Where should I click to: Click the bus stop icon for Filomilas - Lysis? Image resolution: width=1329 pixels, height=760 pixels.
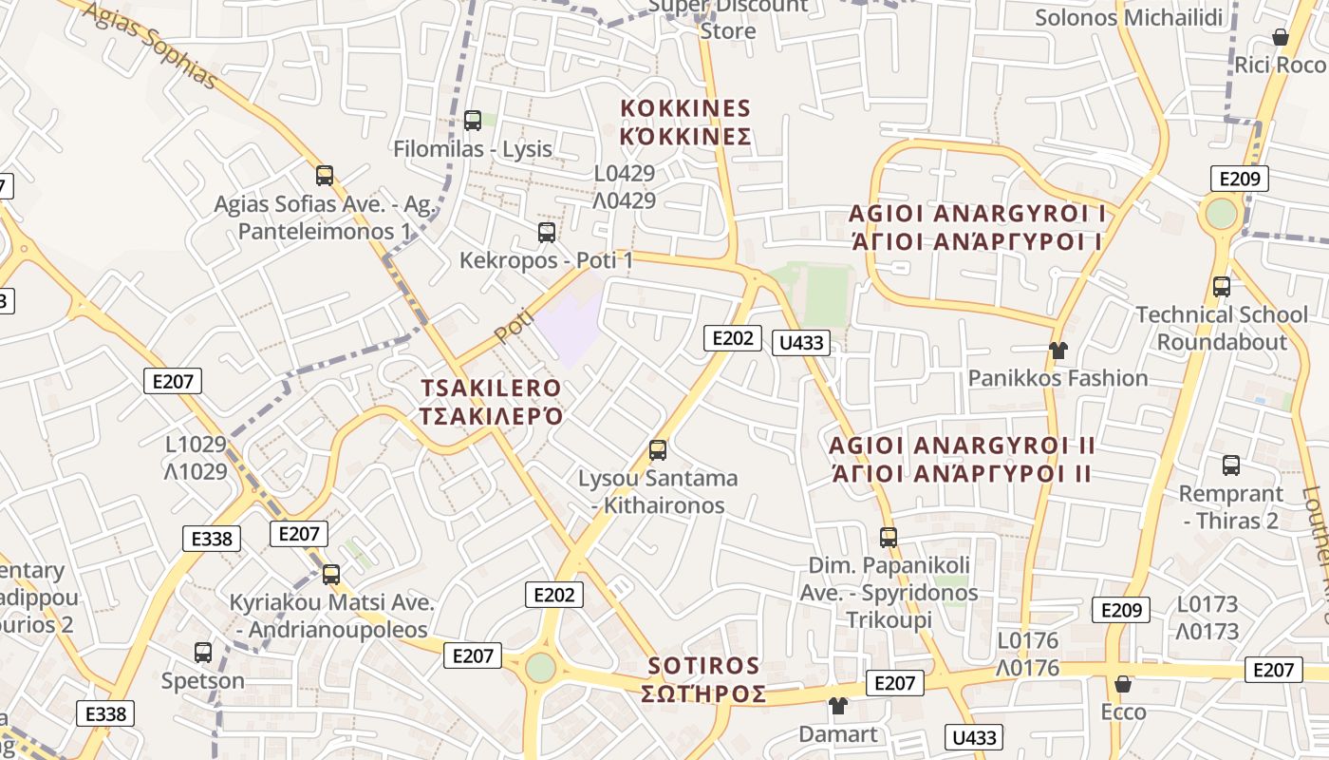point(473,121)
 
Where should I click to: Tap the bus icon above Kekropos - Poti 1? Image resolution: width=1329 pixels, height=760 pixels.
point(546,232)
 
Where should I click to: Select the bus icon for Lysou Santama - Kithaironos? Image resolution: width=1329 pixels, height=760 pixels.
point(658,450)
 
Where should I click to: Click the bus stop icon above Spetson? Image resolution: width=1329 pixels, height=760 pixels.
point(203,653)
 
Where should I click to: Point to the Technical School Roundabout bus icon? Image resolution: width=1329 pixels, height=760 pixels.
point(1222,286)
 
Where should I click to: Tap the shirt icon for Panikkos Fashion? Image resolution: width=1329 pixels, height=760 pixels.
point(1058,351)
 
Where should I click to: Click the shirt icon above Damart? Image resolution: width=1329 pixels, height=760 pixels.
point(837,706)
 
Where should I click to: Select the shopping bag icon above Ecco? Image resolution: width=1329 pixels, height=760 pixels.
point(1123,684)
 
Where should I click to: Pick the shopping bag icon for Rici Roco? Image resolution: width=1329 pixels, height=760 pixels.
point(1281,37)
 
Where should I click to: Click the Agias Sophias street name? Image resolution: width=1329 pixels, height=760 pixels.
point(149,42)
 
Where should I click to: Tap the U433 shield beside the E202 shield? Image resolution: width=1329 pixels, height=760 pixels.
point(801,342)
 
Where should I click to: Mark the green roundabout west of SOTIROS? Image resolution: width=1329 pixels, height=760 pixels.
point(540,667)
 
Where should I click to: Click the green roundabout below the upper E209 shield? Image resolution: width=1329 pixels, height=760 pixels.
point(1222,213)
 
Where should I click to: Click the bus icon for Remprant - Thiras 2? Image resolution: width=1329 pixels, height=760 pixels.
point(1231,465)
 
